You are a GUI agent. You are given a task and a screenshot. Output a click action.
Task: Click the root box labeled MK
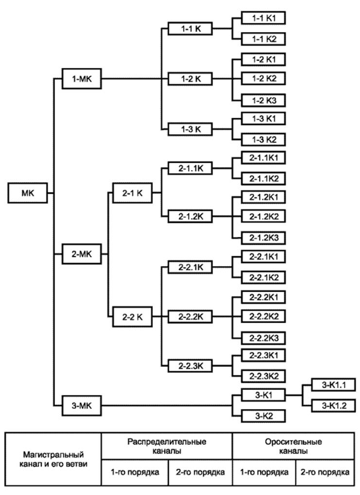coord(28,193)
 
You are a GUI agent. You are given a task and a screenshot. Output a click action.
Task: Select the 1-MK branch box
coord(82,78)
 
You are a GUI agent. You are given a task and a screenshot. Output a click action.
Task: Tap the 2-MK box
coord(82,253)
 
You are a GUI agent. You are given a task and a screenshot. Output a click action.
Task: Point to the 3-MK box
coord(82,405)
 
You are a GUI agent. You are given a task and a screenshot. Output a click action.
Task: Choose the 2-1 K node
coord(131,193)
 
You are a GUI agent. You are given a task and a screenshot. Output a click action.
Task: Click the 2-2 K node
coord(131,317)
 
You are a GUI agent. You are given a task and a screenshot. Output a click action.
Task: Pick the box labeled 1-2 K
coord(191,78)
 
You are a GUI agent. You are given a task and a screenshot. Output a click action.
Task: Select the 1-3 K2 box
coord(263,139)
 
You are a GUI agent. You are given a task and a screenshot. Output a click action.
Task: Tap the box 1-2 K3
coord(263,100)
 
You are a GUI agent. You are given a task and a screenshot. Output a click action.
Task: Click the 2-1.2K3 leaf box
coord(263,238)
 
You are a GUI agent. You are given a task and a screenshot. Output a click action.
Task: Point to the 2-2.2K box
coord(191,317)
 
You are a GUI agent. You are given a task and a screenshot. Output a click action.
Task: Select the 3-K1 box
coord(263,395)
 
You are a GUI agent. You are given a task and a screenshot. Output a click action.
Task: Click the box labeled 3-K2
coord(263,416)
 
